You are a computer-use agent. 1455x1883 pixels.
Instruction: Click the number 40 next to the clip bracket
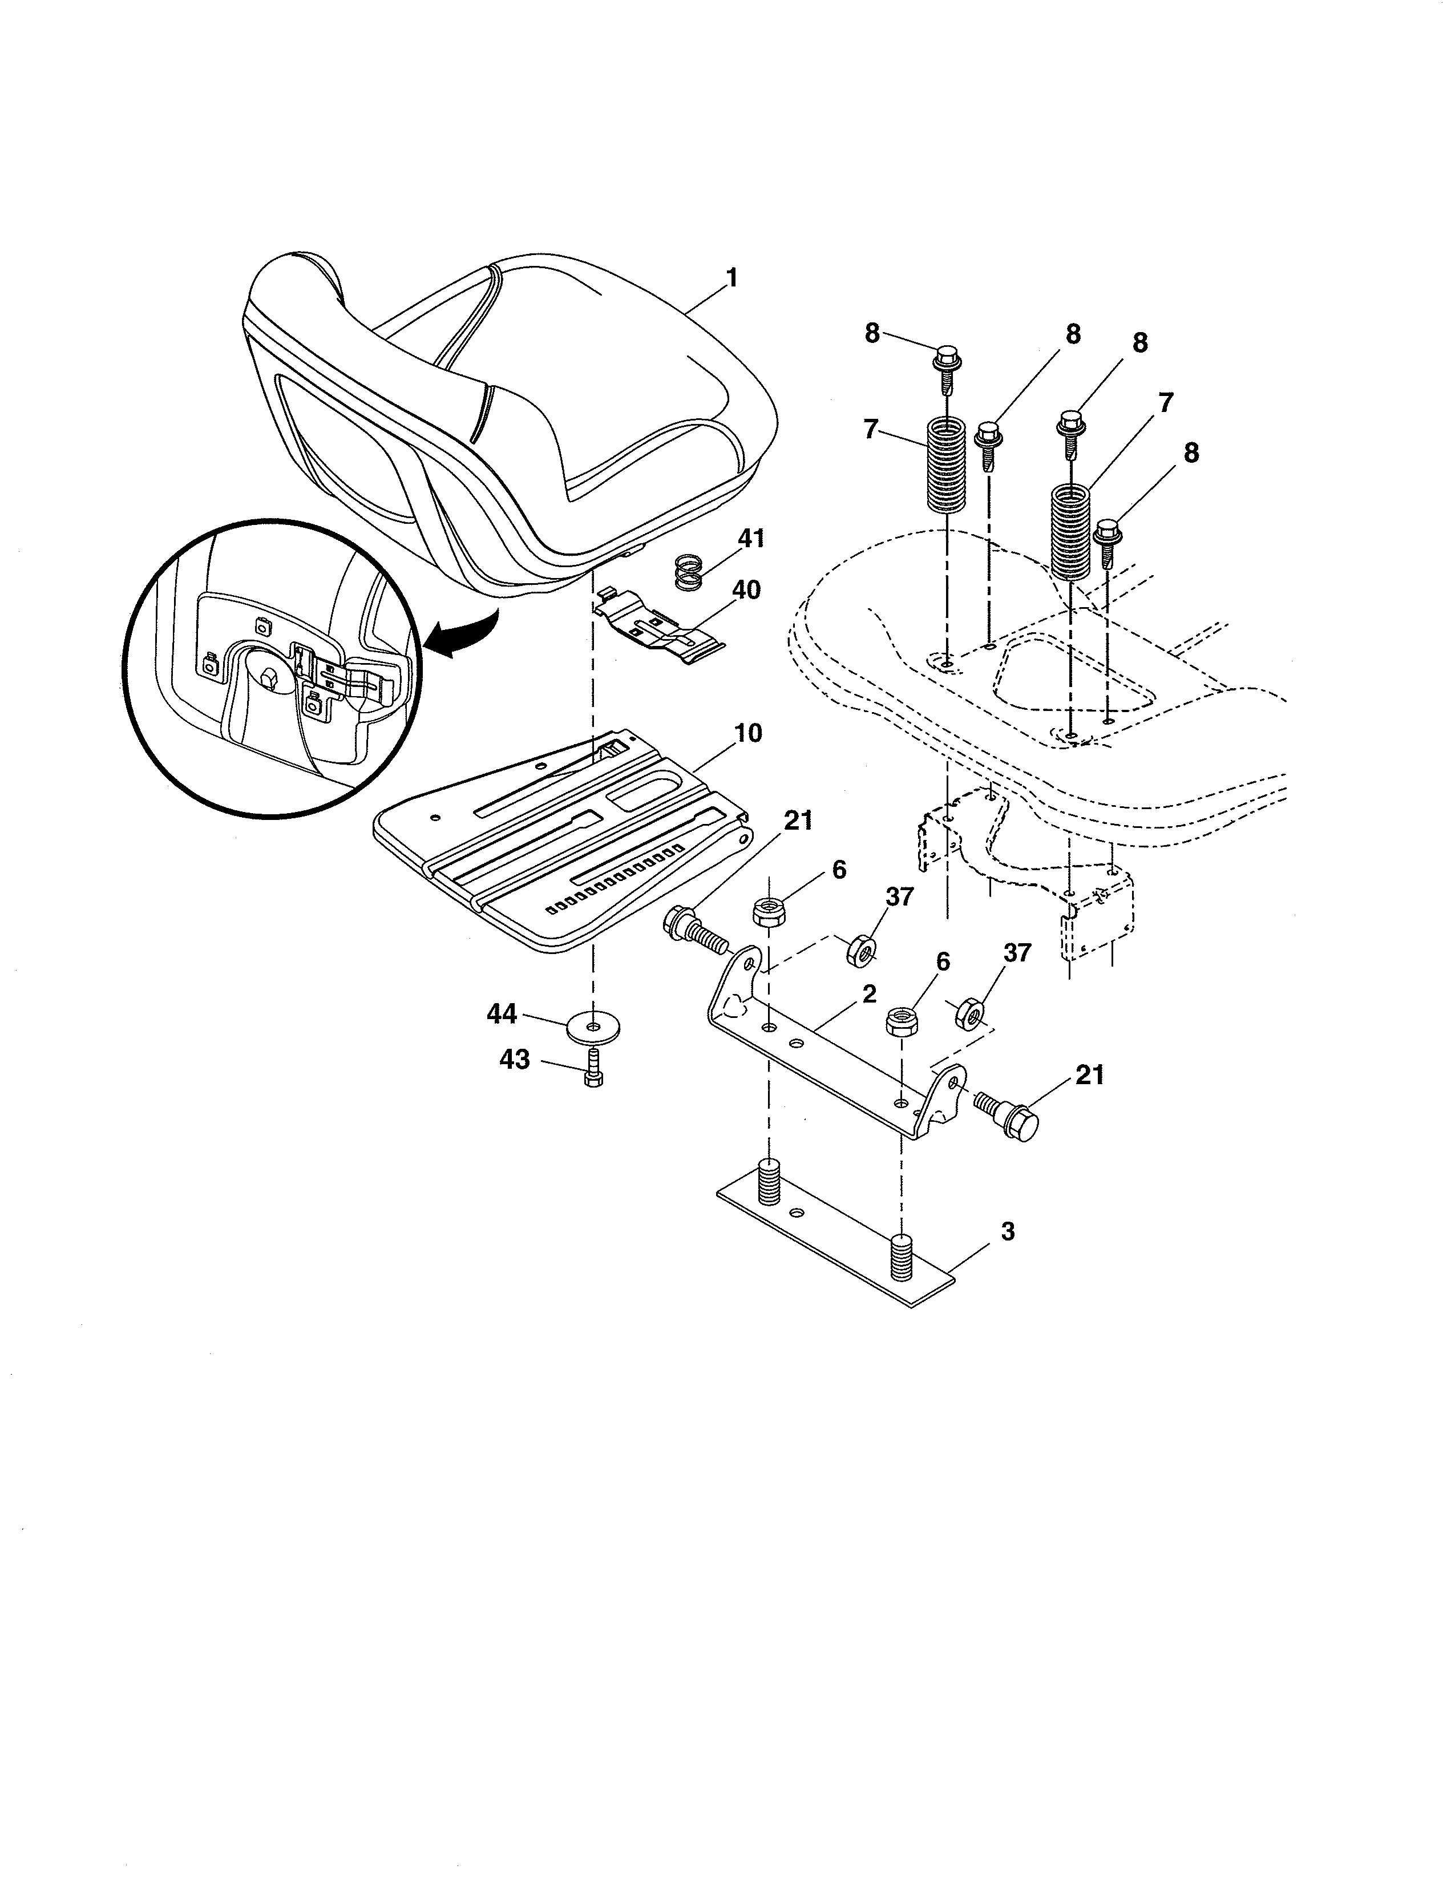click(x=746, y=591)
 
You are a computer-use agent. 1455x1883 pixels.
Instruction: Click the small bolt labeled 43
click(x=592, y=1072)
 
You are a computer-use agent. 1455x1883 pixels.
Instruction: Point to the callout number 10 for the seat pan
click(x=748, y=734)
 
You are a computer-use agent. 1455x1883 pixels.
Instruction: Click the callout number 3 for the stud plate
click(x=1007, y=1232)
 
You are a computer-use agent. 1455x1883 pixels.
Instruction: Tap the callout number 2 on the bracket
click(x=869, y=994)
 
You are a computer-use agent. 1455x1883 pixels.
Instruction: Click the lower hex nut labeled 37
click(x=969, y=1012)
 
